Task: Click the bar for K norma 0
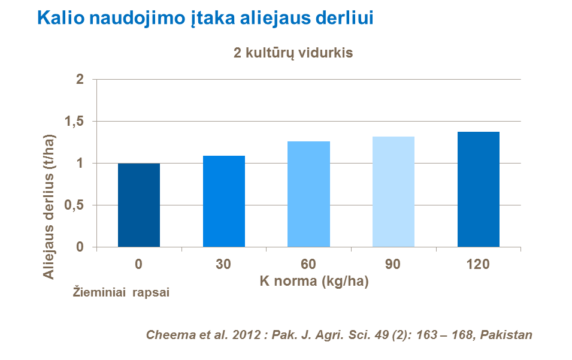coord(139,205)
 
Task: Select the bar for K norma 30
coord(224,202)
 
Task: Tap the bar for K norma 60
coord(309,195)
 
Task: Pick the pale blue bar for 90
coord(394,192)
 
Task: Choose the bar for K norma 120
coord(479,190)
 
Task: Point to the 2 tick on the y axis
coord(79,80)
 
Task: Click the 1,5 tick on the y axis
coord(74,122)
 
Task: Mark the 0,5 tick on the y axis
coord(74,205)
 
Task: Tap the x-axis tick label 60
coord(309,264)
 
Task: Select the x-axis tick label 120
coord(479,264)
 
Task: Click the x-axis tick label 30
coord(224,264)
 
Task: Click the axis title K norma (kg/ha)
coord(314,280)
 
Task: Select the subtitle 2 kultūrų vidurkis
coord(293,53)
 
